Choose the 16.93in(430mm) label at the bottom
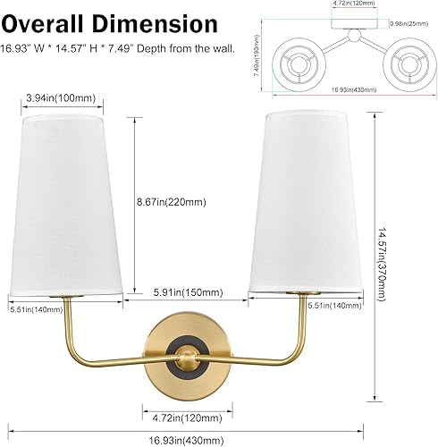(188, 438)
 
